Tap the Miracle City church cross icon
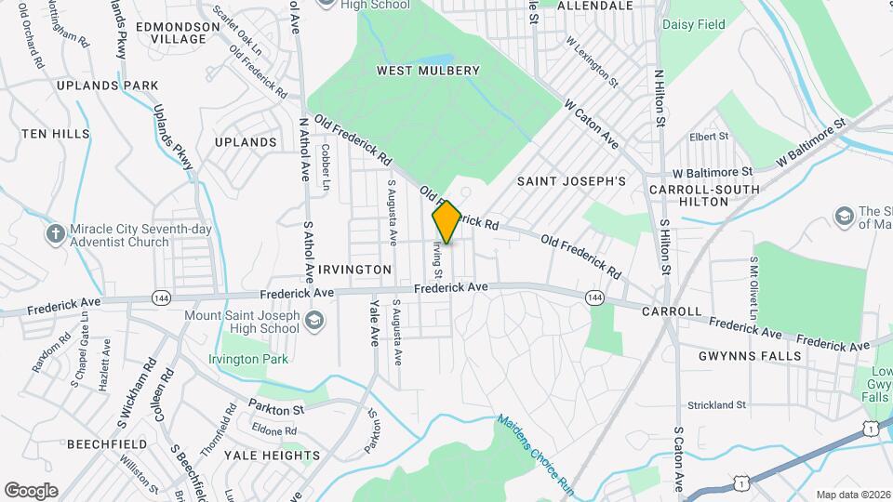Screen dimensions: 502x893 pos(56,232)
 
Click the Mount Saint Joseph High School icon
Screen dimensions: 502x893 pos(315,322)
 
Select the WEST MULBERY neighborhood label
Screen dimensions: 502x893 pos(428,71)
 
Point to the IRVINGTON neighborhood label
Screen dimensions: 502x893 pos(354,270)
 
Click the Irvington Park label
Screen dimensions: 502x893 pos(248,359)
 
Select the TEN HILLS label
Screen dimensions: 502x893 pos(55,135)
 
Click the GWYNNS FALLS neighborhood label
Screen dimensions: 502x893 pos(750,356)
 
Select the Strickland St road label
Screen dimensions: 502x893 pos(716,405)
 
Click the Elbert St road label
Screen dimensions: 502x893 pos(709,137)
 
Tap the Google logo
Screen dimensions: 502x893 pos(31,491)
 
